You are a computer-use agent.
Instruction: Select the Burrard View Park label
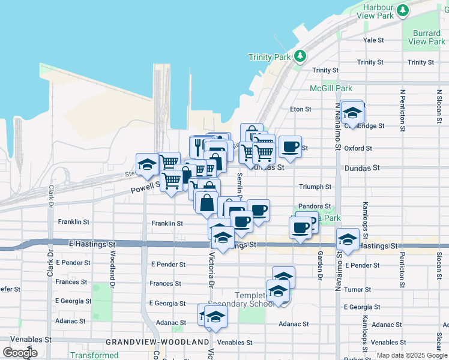[x=426, y=37]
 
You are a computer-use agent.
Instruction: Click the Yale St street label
[x=373, y=40]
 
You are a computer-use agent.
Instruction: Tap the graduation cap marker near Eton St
[x=352, y=112]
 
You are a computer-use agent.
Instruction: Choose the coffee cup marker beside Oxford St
[x=290, y=147]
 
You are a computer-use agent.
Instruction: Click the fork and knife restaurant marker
[x=198, y=146]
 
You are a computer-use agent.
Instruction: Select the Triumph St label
[x=316, y=187]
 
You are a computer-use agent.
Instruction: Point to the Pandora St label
[x=315, y=206]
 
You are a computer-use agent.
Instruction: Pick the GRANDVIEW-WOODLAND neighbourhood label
[x=157, y=342]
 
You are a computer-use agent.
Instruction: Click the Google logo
[x=20, y=353]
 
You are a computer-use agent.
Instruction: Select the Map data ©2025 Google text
[x=411, y=356]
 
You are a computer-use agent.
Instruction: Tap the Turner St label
[x=358, y=289]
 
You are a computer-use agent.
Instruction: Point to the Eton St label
[x=300, y=109]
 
